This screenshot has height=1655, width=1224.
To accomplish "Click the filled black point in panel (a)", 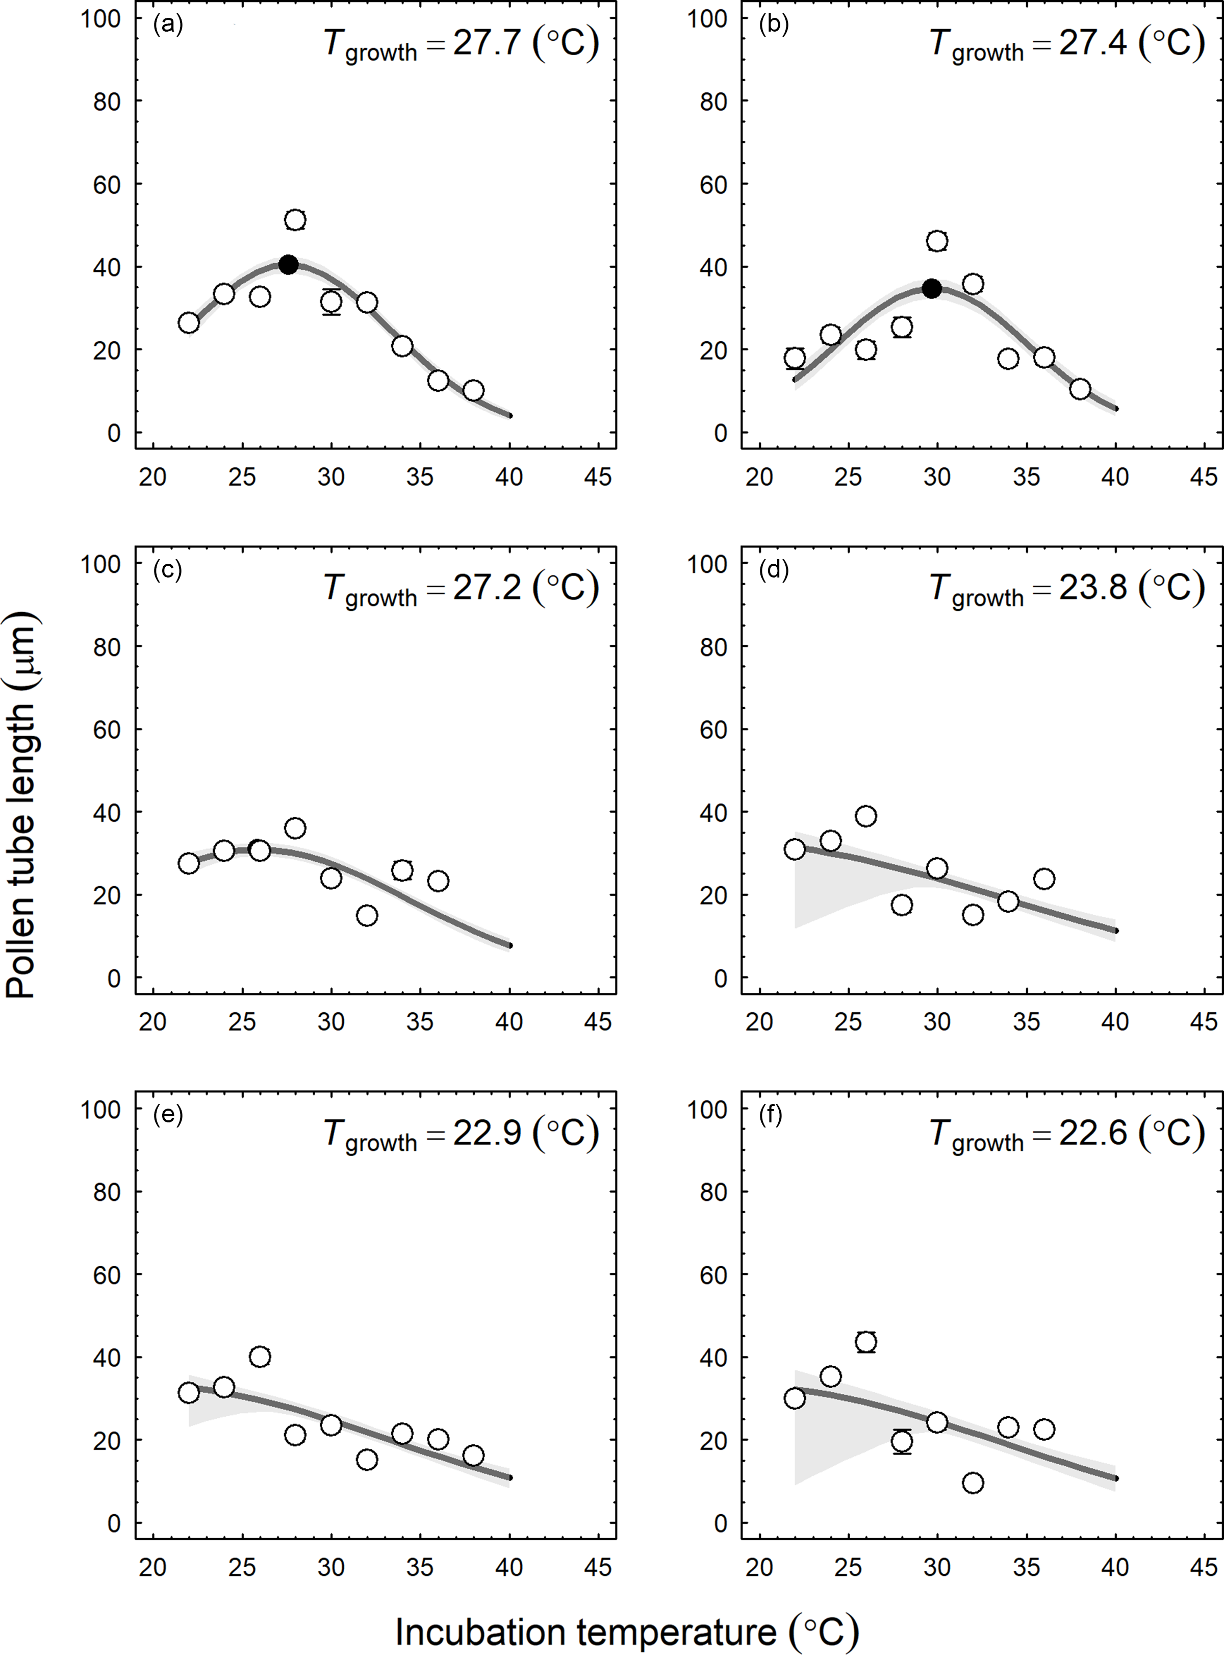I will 289,265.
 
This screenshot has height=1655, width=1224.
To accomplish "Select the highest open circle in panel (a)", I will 295,220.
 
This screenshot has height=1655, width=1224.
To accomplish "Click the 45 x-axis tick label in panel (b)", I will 1203,477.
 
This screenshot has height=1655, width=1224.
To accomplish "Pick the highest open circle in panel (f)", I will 866,1342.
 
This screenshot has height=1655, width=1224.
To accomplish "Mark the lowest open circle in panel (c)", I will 367,915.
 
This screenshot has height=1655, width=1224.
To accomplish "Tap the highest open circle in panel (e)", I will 259,1357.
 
